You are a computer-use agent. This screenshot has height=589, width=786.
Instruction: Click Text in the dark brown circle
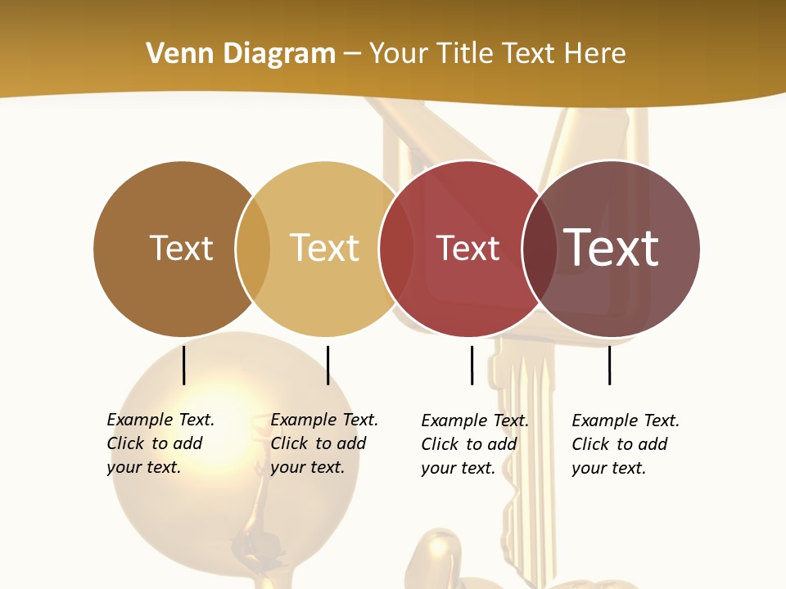(181, 248)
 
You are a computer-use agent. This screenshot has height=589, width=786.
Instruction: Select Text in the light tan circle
(324, 248)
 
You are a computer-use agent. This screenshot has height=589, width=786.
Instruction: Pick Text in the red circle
(468, 249)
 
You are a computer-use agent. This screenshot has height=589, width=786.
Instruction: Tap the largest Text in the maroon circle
(611, 248)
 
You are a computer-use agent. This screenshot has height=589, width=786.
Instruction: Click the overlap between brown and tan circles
(253, 249)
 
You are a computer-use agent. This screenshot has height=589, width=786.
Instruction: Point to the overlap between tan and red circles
(396, 249)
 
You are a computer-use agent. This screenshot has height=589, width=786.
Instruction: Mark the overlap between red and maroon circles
(539, 249)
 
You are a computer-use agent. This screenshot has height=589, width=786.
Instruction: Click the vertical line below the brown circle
(183, 365)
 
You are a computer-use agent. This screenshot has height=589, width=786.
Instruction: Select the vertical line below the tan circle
(327, 365)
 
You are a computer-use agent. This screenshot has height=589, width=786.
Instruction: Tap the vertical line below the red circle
(472, 365)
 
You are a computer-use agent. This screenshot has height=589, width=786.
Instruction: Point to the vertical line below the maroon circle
(609, 365)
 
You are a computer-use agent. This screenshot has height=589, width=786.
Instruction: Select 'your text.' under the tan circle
(307, 467)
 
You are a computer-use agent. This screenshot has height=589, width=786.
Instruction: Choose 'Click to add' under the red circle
(469, 444)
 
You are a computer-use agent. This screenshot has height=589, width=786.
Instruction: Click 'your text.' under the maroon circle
(608, 468)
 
